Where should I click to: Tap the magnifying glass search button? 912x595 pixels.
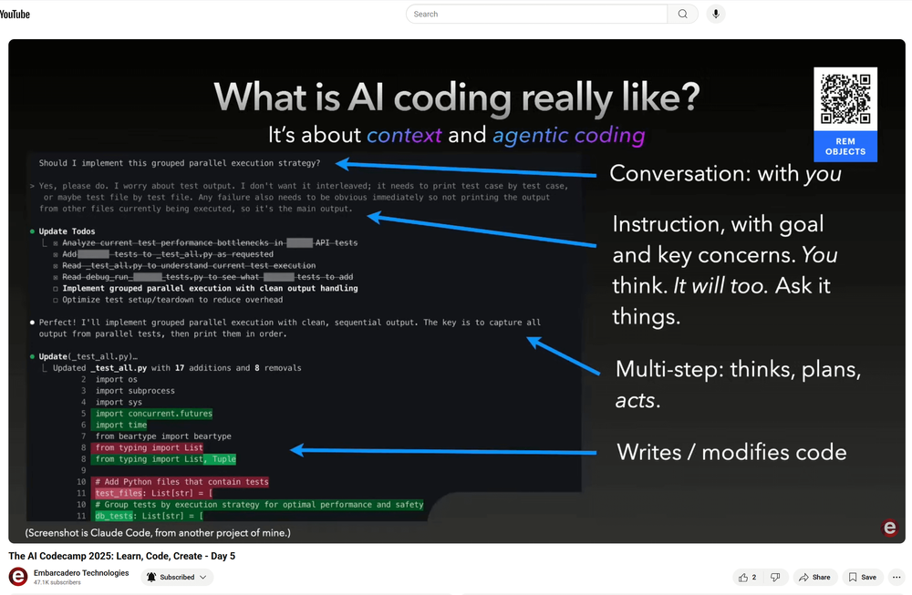[x=682, y=15]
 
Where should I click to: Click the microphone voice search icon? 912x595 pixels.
[x=716, y=15]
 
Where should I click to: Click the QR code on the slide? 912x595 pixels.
[x=845, y=99]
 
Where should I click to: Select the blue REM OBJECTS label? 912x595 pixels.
[x=845, y=147]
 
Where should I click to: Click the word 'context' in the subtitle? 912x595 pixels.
[x=404, y=136]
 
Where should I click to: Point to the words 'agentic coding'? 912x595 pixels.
[x=568, y=136]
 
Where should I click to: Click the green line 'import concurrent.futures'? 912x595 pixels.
[x=153, y=414]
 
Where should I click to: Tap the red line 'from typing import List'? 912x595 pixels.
[x=149, y=447]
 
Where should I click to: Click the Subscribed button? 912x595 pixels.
[x=177, y=577]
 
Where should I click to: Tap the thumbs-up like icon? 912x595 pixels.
[x=743, y=577]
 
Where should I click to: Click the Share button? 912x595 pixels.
[x=814, y=577]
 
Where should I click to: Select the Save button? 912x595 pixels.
[x=862, y=577]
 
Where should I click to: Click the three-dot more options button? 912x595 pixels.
[x=896, y=577]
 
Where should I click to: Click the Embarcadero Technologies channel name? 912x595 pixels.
[x=81, y=573]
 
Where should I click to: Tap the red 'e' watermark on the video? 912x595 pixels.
[x=889, y=528]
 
